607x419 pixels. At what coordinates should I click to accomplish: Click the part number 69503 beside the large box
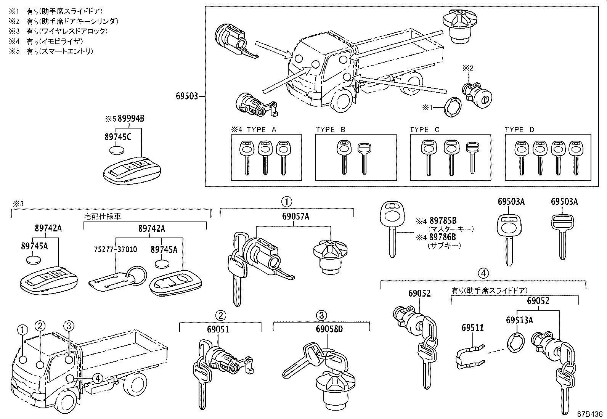point(187,96)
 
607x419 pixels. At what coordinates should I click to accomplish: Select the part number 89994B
point(131,119)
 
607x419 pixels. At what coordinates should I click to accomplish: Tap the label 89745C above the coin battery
point(118,137)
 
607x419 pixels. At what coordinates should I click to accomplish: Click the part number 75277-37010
point(116,249)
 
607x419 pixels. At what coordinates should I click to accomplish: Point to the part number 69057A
point(295,217)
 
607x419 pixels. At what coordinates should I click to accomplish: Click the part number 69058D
point(329,329)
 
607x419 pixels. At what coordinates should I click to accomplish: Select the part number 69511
point(472,327)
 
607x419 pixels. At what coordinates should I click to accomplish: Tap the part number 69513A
point(519,320)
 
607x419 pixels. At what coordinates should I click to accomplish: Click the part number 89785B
point(443,221)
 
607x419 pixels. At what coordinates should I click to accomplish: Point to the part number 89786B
point(443,237)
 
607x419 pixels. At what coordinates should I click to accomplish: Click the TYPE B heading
point(330,130)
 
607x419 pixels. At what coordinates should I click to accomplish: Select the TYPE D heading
point(519,130)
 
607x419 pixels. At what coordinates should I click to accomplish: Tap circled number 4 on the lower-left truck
point(98,378)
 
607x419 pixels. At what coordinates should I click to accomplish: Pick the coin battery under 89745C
point(117,150)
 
